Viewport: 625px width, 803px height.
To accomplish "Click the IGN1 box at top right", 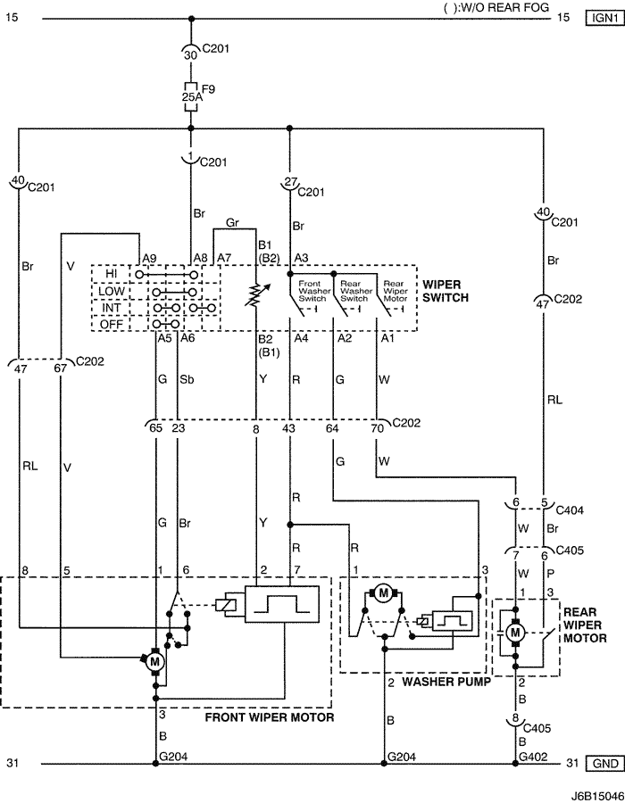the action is (x=605, y=18).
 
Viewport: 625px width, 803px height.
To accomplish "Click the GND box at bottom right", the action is (x=605, y=764).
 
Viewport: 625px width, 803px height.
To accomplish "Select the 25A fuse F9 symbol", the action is (x=190, y=96).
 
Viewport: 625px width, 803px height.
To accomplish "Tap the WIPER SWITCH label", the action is (x=446, y=291).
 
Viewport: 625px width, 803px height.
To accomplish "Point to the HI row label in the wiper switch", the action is (x=112, y=274).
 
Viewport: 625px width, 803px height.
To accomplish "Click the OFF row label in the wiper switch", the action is (x=112, y=324).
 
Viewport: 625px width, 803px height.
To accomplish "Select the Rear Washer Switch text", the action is (x=354, y=291).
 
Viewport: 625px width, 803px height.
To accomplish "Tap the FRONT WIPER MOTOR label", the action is (x=270, y=717).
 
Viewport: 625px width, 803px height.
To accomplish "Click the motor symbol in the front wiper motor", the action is (x=154, y=662).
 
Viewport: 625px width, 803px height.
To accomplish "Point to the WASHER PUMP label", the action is (x=446, y=682).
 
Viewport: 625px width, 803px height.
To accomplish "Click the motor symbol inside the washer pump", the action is (x=383, y=593).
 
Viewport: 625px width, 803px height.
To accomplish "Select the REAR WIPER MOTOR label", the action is (x=585, y=625).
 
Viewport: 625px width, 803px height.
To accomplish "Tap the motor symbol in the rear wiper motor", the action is (x=515, y=633).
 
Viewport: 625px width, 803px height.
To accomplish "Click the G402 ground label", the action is (x=533, y=757).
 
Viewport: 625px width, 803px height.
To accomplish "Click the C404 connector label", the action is (x=569, y=510).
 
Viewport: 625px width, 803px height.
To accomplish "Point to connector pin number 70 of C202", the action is (x=377, y=428).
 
